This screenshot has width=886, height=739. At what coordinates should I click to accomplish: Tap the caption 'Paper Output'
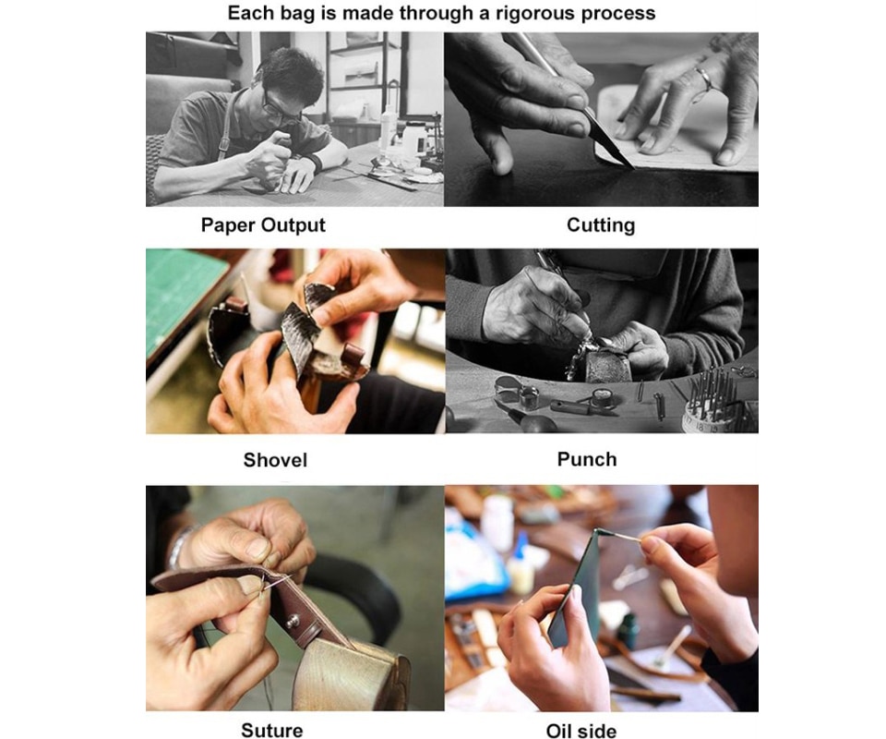click(x=263, y=225)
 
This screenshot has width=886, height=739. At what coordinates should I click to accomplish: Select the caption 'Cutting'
click(x=601, y=225)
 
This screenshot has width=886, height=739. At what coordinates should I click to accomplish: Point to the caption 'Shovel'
click(x=275, y=460)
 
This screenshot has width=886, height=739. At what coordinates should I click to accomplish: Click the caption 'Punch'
click(x=587, y=459)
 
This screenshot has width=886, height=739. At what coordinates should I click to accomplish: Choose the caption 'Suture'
click(x=271, y=730)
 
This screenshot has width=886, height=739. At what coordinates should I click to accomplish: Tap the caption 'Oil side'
click(x=581, y=731)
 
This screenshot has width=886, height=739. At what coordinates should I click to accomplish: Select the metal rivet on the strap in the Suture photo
click(x=293, y=621)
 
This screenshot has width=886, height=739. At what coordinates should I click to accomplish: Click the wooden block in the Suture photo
click(x=352, y=675)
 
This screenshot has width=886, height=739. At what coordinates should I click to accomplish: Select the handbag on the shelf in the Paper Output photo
click(x=359, y=72)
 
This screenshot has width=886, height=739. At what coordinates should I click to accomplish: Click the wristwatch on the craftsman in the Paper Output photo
click(x=314, y=163)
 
